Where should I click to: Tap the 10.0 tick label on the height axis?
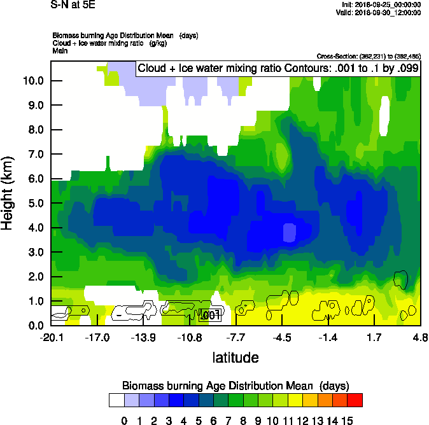32,81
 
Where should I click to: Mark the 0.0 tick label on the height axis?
35,326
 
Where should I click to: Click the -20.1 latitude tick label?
51,337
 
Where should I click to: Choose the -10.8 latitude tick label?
188,337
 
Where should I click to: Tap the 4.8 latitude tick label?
419,337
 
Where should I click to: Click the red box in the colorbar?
355,400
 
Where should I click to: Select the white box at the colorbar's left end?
116,400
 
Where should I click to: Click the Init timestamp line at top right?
381,4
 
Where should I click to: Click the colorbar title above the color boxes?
235,386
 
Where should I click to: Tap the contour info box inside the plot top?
278,68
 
